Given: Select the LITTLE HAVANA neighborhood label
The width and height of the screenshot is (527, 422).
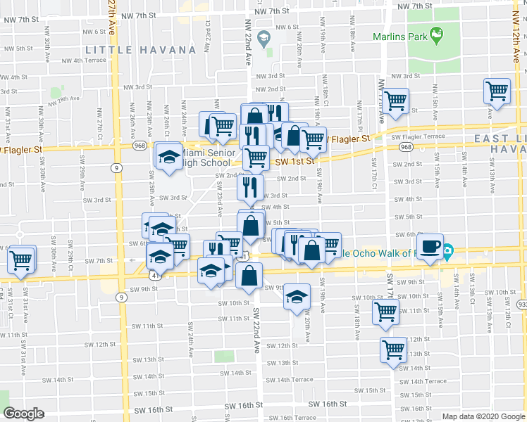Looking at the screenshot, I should tap(139, 50).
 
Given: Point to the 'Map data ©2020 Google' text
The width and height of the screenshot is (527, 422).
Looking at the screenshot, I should tap(483, 416).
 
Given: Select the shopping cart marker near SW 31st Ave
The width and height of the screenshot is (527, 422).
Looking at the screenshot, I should tap(21, 260).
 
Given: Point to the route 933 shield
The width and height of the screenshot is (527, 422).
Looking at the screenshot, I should tap(520, 305).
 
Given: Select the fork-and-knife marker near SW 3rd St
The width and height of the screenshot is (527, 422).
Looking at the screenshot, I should tap(251, 187).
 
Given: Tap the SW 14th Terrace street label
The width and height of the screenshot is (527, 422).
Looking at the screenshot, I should tap(290, 380).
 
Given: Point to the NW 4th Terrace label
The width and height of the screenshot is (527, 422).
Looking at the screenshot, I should tap(84, 60).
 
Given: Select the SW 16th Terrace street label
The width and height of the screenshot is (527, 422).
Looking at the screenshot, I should tap(292, 417).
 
